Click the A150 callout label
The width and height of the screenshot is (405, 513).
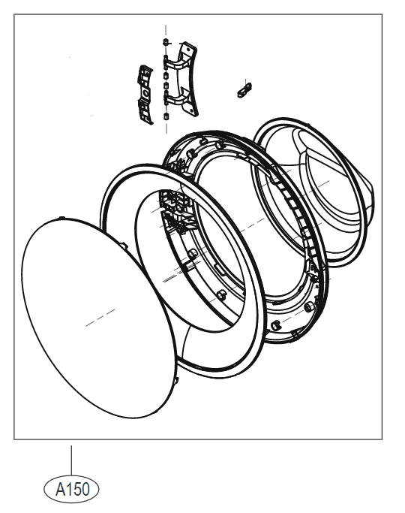[71, 490]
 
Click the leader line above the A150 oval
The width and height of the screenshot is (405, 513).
[71, 460]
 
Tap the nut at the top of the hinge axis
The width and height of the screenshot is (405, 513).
[166, 41]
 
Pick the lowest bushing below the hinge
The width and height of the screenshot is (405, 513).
[166, 116]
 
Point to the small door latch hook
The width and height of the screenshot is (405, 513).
[244, 89]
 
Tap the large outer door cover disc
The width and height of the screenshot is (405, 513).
[98, 318]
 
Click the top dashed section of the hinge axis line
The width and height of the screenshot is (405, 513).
[166, 32]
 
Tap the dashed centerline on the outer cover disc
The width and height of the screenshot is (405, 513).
[100, 318]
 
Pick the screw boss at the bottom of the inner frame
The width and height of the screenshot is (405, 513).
[275, 325]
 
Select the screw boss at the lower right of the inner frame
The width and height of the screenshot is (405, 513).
[308, 307]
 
